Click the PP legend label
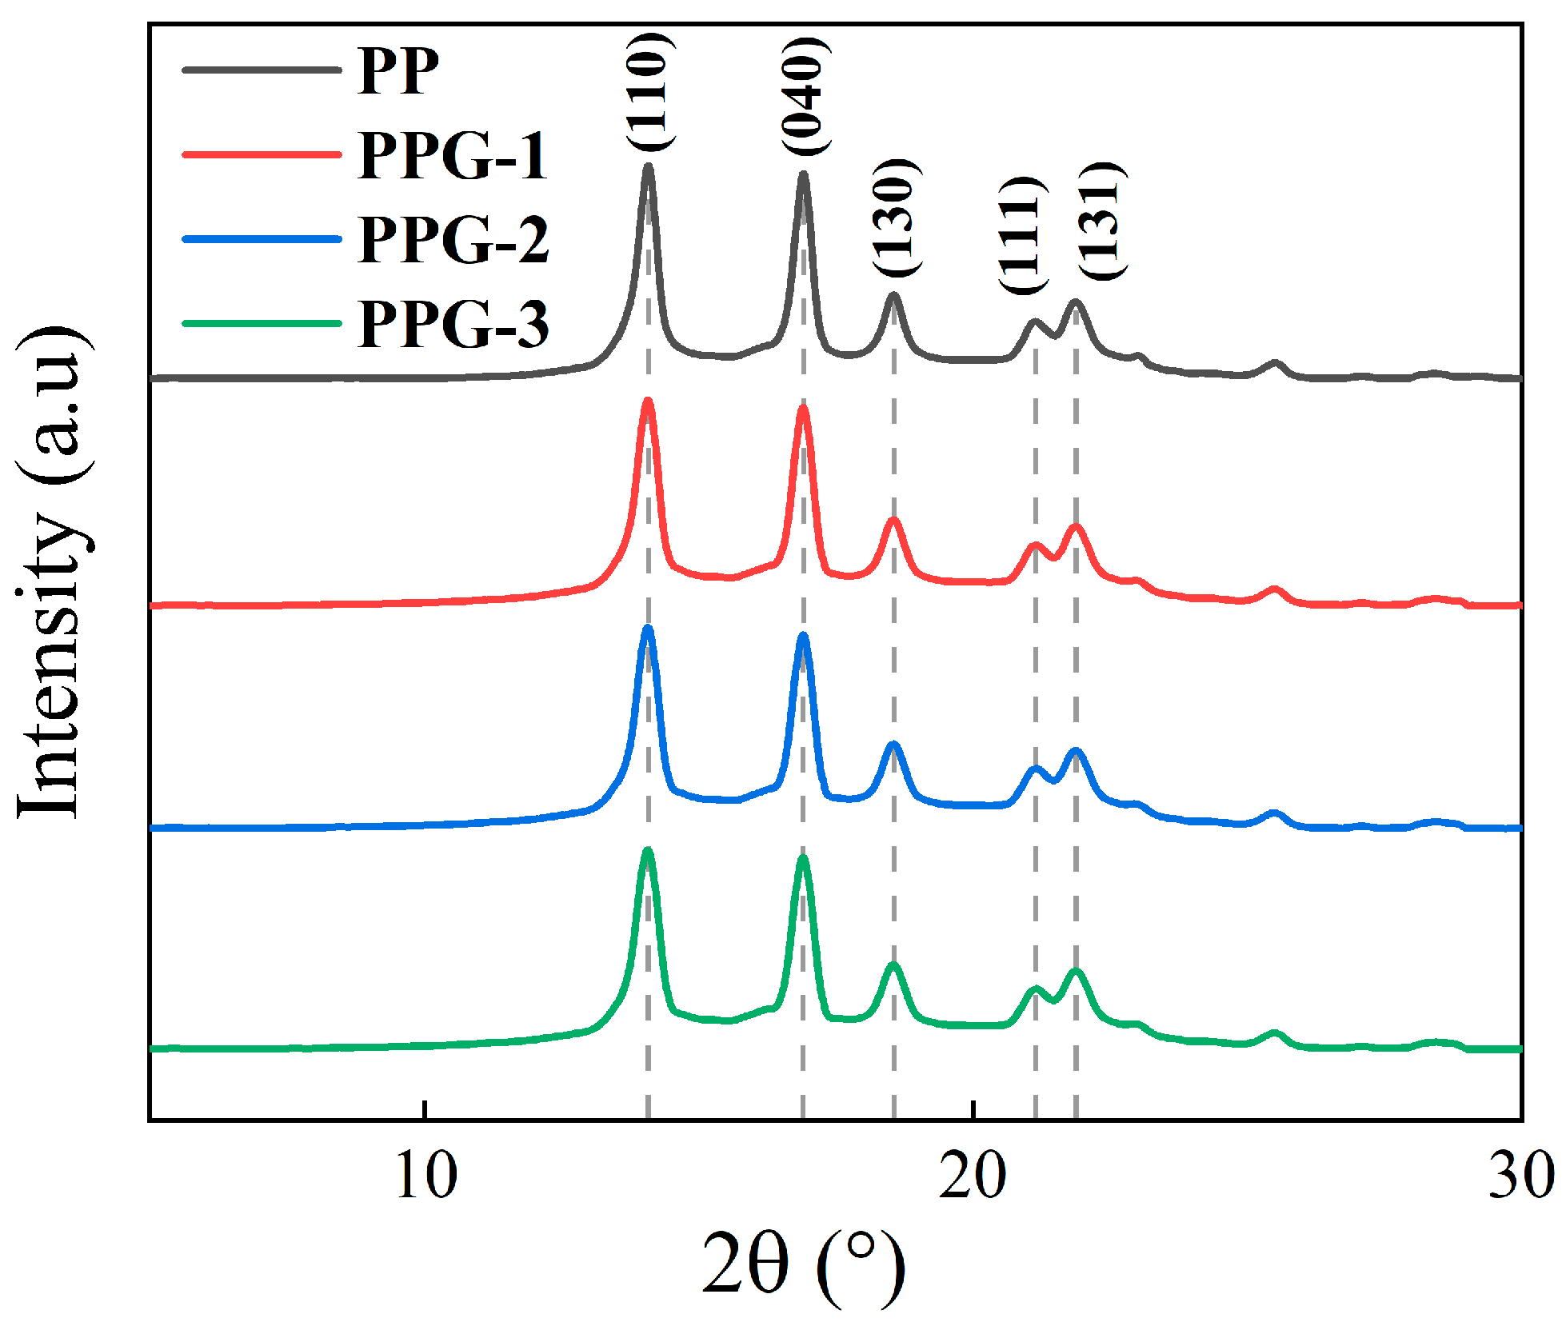click(397, 70)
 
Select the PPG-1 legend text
click(453, 155)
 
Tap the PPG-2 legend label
click(453, 239)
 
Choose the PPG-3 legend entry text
click(453, 324)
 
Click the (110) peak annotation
click(648, 91)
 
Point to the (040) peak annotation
click(804, 96)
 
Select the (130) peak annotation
click(894, 218)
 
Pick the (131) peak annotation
click(1101, 221)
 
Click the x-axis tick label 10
click(426, 1176)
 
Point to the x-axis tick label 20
click(973, 1176)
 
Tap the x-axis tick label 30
click(1520, 1176)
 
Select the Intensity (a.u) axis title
click(51, 573)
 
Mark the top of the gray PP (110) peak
click(649, 167)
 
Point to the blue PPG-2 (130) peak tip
click(893, 745)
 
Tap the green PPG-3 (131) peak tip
click(1076, 972)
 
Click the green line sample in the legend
click(262, 324)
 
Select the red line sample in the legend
click(262, 154)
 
